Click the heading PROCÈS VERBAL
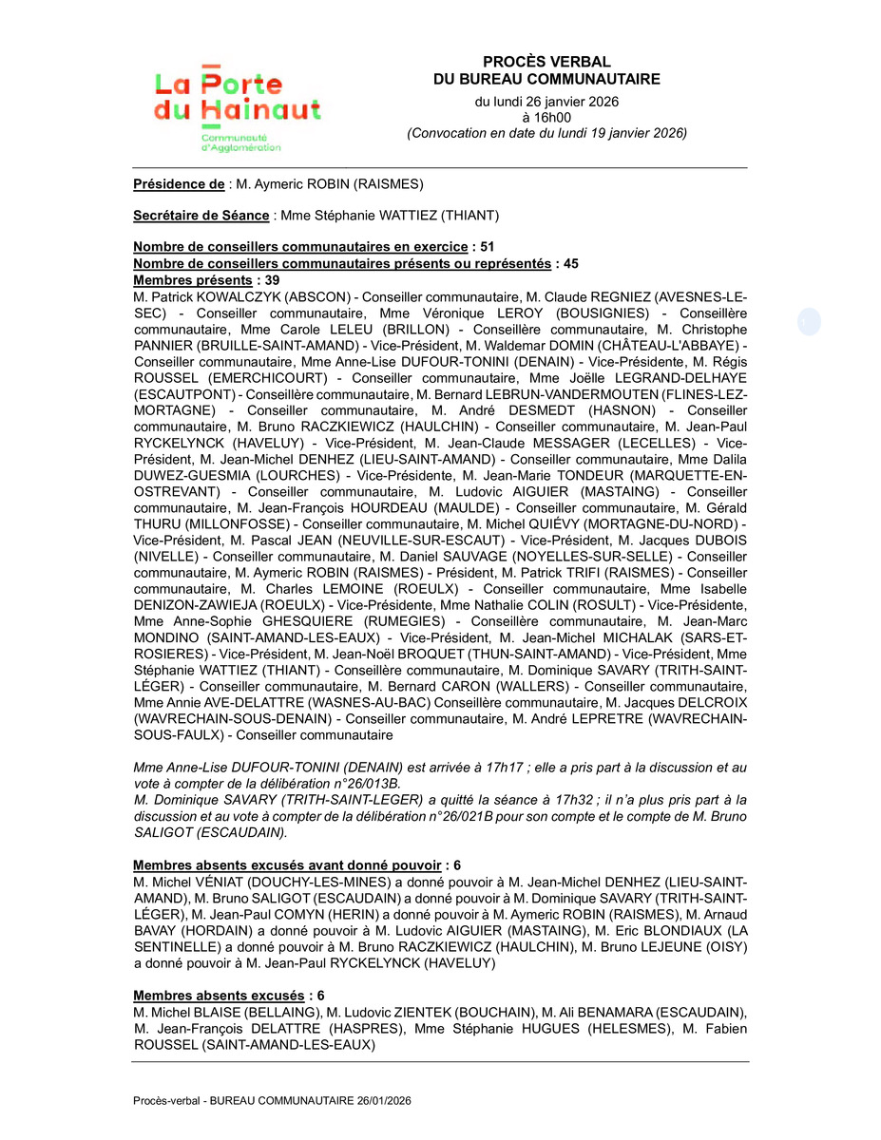(x=546, y=62)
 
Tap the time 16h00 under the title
(x=546, y=117)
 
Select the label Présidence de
(x=179, y=184)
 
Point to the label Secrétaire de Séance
(x=201, y=216)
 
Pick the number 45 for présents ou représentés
(x=571, y=263)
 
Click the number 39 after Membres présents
(x=273, y=279)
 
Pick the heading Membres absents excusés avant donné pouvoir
(x=287, y=865)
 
